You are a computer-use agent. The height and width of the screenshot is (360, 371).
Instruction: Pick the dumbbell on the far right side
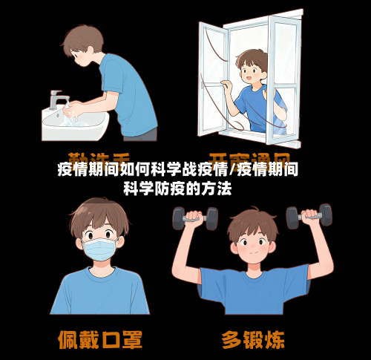coord(309,216)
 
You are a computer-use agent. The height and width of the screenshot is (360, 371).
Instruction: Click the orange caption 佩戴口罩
coord(100,339)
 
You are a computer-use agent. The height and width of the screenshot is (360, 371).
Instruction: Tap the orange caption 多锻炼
coord(252,339)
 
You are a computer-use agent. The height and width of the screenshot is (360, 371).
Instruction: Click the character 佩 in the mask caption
coord(70,339)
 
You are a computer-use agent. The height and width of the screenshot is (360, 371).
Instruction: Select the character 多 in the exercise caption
coord(232,339)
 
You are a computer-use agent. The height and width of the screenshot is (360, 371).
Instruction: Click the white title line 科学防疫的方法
coord(178,189)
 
